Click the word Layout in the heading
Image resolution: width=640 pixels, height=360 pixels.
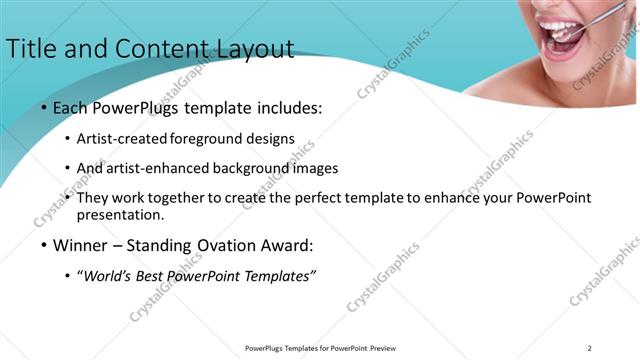pos(252,49)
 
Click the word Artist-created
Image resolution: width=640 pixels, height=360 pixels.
pos(122,138)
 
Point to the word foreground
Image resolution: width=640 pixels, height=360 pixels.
pos(211,138)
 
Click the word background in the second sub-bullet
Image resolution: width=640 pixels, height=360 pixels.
pos(249,168)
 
